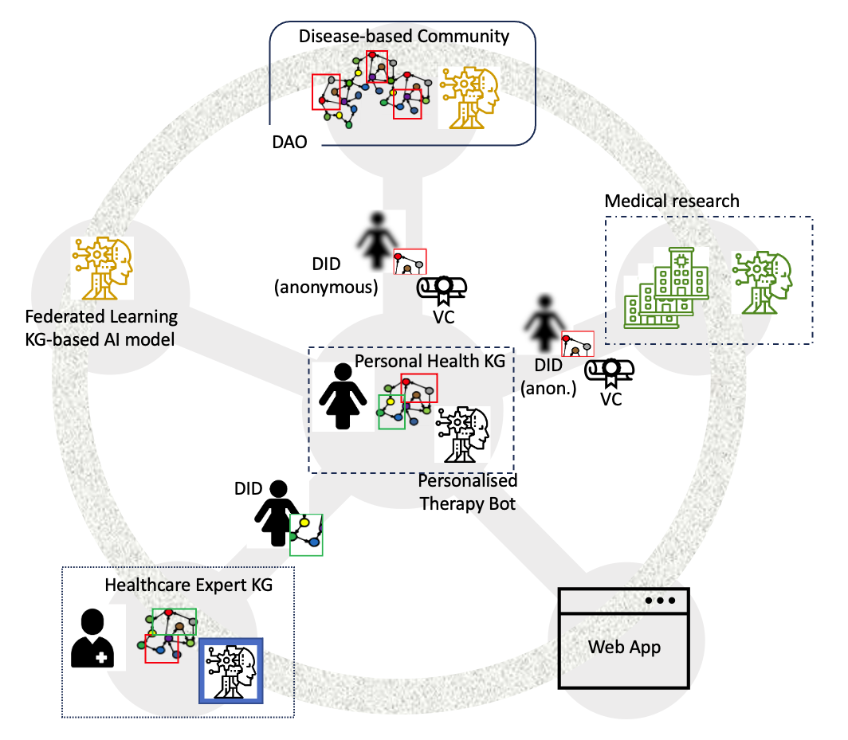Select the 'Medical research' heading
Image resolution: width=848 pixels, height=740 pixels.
672,200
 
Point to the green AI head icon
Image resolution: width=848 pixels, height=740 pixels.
764,284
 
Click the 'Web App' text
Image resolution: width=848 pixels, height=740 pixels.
624,646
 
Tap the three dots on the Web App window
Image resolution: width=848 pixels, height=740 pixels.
661,600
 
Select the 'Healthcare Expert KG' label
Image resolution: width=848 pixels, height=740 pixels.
189,585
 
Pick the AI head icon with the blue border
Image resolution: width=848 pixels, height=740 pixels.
230,671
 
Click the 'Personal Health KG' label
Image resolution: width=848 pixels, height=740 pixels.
430,361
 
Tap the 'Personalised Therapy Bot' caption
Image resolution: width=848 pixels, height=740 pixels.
468,492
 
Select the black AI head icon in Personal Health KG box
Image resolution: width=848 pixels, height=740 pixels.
461,434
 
